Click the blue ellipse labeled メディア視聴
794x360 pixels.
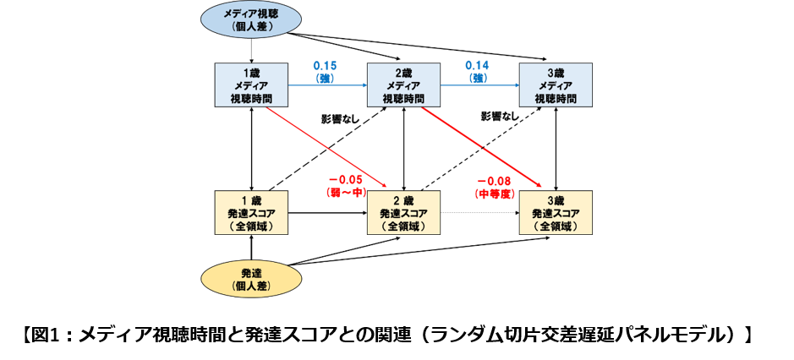[x=251, y=19]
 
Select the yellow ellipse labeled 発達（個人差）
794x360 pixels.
[x=251, y=279]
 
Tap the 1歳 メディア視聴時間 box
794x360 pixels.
[x=251, y=85]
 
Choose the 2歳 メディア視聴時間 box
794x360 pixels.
[x=403, y=85]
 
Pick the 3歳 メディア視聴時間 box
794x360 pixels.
[x=556, y=85]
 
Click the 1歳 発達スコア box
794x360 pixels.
[x=251, y=213]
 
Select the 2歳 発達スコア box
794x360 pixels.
[x=403, y=213]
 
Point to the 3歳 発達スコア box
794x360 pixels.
[x=556, y=213]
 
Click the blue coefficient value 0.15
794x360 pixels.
[x=326, y=65]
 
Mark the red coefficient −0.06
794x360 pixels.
[x=345, y=179]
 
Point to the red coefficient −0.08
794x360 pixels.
[x=494, y=180]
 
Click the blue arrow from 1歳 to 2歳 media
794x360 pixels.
[x=327, y=85]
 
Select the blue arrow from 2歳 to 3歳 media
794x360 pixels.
[x=479, y=85]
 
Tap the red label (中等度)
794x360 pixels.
[x=494, y=193]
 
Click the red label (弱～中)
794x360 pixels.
[x=345, y=192]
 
